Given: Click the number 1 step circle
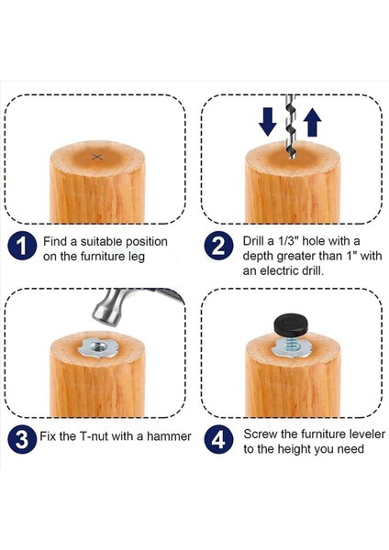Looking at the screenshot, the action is (22, 246).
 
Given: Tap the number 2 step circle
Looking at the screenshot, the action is (218, 246).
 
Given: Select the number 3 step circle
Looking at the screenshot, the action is (22, 439).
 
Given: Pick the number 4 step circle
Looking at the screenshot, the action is (218, 439).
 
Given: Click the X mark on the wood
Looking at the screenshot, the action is (97, 157).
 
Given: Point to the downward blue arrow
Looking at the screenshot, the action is (268, 122).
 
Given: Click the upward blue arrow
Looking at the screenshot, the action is (312, 122).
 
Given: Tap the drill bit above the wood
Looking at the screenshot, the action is (291, 126).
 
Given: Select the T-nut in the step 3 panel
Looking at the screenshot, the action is (97, 348).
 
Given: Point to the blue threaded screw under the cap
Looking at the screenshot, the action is (291, 342).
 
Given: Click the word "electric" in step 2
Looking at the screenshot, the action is (280, 271).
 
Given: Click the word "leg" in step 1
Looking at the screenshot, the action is (136, 257).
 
